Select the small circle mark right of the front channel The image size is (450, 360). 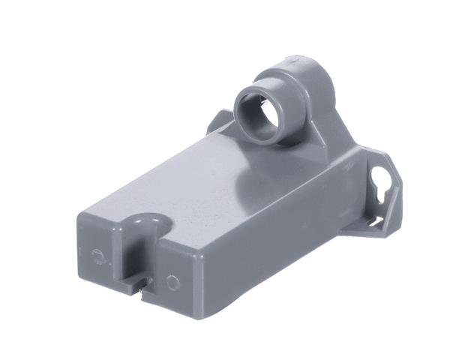[x=172, y=283]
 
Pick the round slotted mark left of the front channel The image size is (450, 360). [x=98, y=255]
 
